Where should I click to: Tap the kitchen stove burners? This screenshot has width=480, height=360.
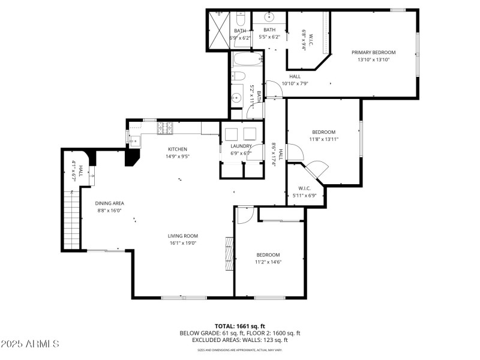click(164, 128)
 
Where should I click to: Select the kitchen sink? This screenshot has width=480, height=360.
click(134, 140)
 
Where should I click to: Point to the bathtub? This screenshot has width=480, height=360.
click(245, 60)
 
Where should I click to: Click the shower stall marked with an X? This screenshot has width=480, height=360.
click(219, 30)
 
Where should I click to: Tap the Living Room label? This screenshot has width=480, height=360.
click(182, 236)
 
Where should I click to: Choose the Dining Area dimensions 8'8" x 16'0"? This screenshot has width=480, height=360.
click(110, 211)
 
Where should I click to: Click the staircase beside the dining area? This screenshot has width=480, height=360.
click(72, 219)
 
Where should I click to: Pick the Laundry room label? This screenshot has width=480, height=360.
click(241, 146)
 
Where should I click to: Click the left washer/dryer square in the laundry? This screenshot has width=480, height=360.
click(232, 133)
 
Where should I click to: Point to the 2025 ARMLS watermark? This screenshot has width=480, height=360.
click(30, 344)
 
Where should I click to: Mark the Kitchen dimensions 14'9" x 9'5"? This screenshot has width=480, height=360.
click(178, 156)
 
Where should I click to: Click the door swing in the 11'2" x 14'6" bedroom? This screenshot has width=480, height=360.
click(245, 214)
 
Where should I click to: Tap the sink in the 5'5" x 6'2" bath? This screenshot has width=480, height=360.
click(269, 16)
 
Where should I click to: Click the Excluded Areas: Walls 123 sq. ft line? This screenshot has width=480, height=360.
click(240, 340)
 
